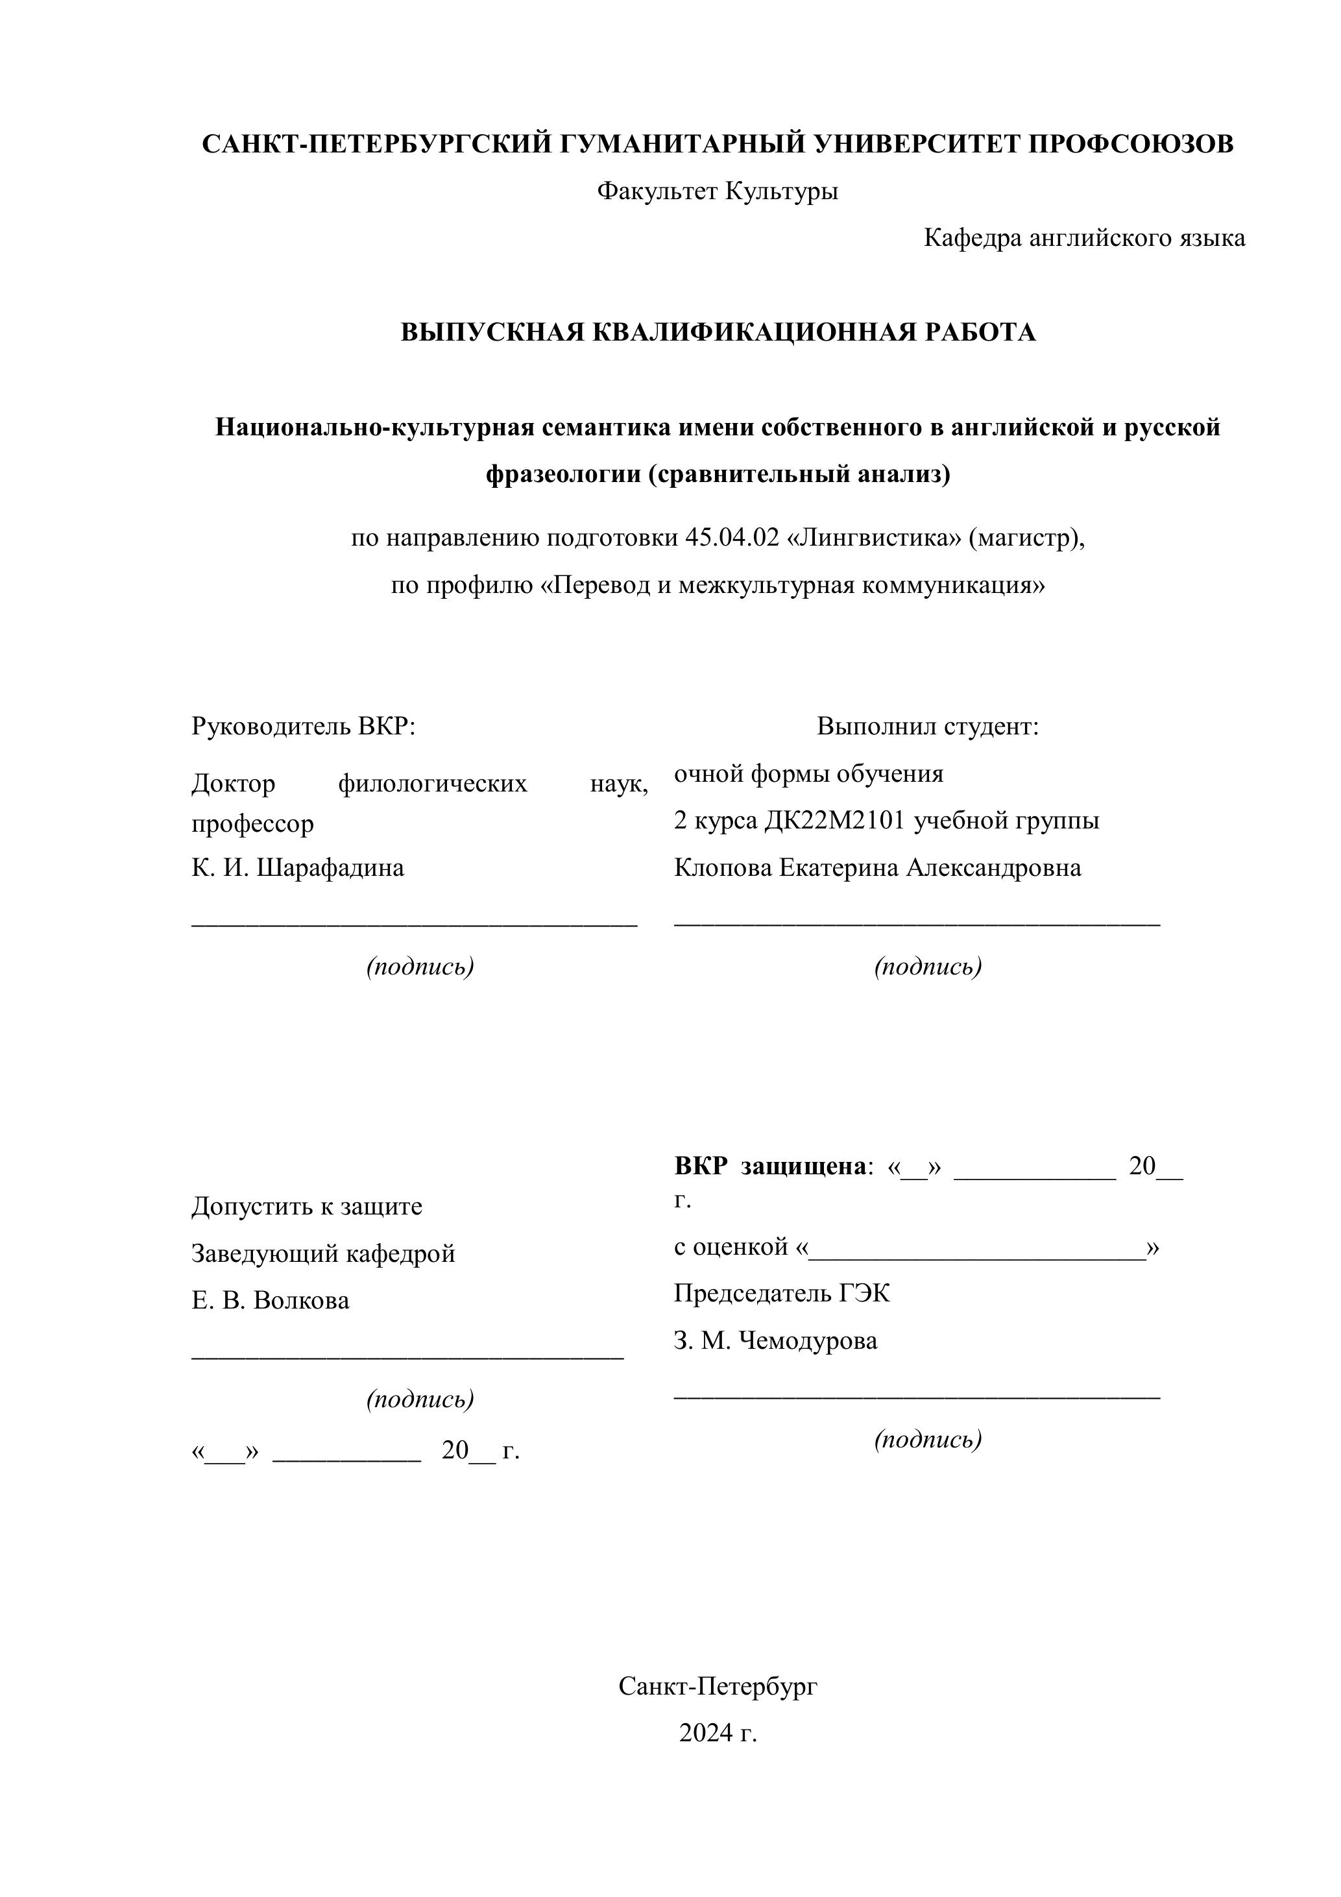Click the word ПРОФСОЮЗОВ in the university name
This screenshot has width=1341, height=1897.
click(x=1130, y=144)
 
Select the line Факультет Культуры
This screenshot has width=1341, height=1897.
click(x=717, y=191)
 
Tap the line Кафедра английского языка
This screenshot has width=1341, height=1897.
click(x=1084, y=238)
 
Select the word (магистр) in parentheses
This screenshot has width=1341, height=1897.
click(x=1025, y=538)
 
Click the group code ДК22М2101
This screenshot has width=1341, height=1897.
click(x=836, y=821)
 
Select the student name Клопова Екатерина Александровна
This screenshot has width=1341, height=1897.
click(x=878, y=867)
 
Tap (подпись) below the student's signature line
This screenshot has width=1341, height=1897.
click(x=928, y=966)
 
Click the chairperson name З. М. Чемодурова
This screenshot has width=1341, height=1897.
click(x=775, y=1340)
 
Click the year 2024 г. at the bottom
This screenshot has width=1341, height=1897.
click(x=717, y=1733)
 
